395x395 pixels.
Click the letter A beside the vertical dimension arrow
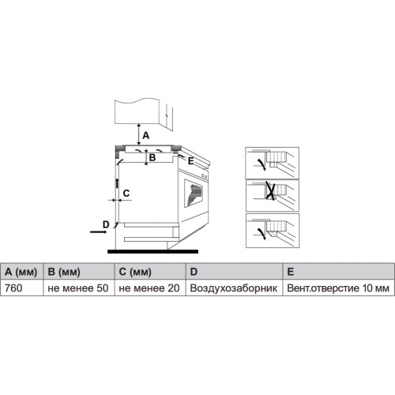click(x=146, y=136)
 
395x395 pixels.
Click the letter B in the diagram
click(x=152, y=157)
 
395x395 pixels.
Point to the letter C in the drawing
click(x=126, y=194)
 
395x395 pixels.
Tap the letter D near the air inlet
click(x=106, y=224)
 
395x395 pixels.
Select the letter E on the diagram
click(x=191, y=160)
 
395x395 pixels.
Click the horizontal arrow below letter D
click(x=99, y=231)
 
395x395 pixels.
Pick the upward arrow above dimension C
click(x=117, y=183)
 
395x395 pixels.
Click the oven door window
click(x=194, y=194)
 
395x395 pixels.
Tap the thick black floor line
click(x=152, y=252)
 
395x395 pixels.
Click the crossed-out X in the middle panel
click(x=271, y=190)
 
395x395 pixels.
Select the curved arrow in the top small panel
click(x=261, y=164)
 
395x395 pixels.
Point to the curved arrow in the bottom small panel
click(x=261, y=233)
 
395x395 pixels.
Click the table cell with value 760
click(x=21, y=288)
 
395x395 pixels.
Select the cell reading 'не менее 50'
click(x=79, y=288)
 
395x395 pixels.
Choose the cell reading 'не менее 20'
click(x=150, y=288)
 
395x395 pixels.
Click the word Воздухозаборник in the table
click(x=234, y=288)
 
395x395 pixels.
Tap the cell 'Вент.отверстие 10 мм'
click(x=338, y=288)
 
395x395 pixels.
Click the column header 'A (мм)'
click(x=21, y=272)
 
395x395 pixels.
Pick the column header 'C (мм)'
click(x=150, y=272)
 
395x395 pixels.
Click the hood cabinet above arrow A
click(x=137, y=111)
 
